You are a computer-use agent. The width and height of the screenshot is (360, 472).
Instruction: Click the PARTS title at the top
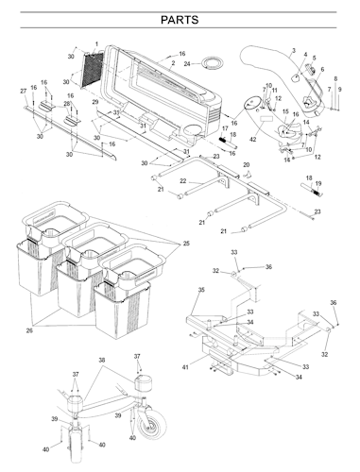pyautogui.click(x=180, y=20)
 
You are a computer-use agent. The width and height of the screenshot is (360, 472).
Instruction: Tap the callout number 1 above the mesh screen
pyautogui.click(x=96, y=44)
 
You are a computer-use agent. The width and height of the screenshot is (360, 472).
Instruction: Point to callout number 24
pyautogui.click(x=187, y=64)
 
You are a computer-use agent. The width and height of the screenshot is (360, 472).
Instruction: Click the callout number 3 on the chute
pyautogui.click(x=294, y=50)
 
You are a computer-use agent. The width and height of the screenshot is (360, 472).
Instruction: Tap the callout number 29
pyautogui.click(x=95, y=101)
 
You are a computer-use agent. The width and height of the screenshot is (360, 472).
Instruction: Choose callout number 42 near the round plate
pyautogui.click(x=252, y=139)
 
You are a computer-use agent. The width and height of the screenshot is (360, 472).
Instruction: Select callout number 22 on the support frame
pyautogui.click(x=182, y=180)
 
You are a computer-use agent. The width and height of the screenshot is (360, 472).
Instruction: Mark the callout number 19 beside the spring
pyautogui.click(x=319, y=184)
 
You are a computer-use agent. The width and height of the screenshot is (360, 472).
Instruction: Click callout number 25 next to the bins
pyautogui.click(x=185, y=243)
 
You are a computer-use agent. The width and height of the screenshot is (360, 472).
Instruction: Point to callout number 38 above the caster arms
pyautogui.click(x=102, y=362)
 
